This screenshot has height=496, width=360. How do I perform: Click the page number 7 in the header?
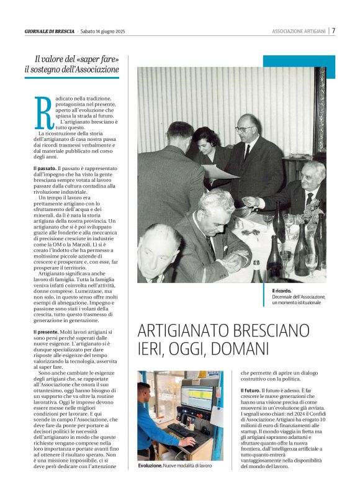tap(333, 31)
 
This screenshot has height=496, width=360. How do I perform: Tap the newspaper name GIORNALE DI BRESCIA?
tap(50, 32)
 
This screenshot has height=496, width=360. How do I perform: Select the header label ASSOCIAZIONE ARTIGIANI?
tap(299, 32)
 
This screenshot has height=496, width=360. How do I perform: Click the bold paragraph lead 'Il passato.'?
tap(45, 168)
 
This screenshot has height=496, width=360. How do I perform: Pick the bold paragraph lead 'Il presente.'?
tap(46, 332)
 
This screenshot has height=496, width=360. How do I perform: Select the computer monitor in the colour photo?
tap(196, 397)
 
